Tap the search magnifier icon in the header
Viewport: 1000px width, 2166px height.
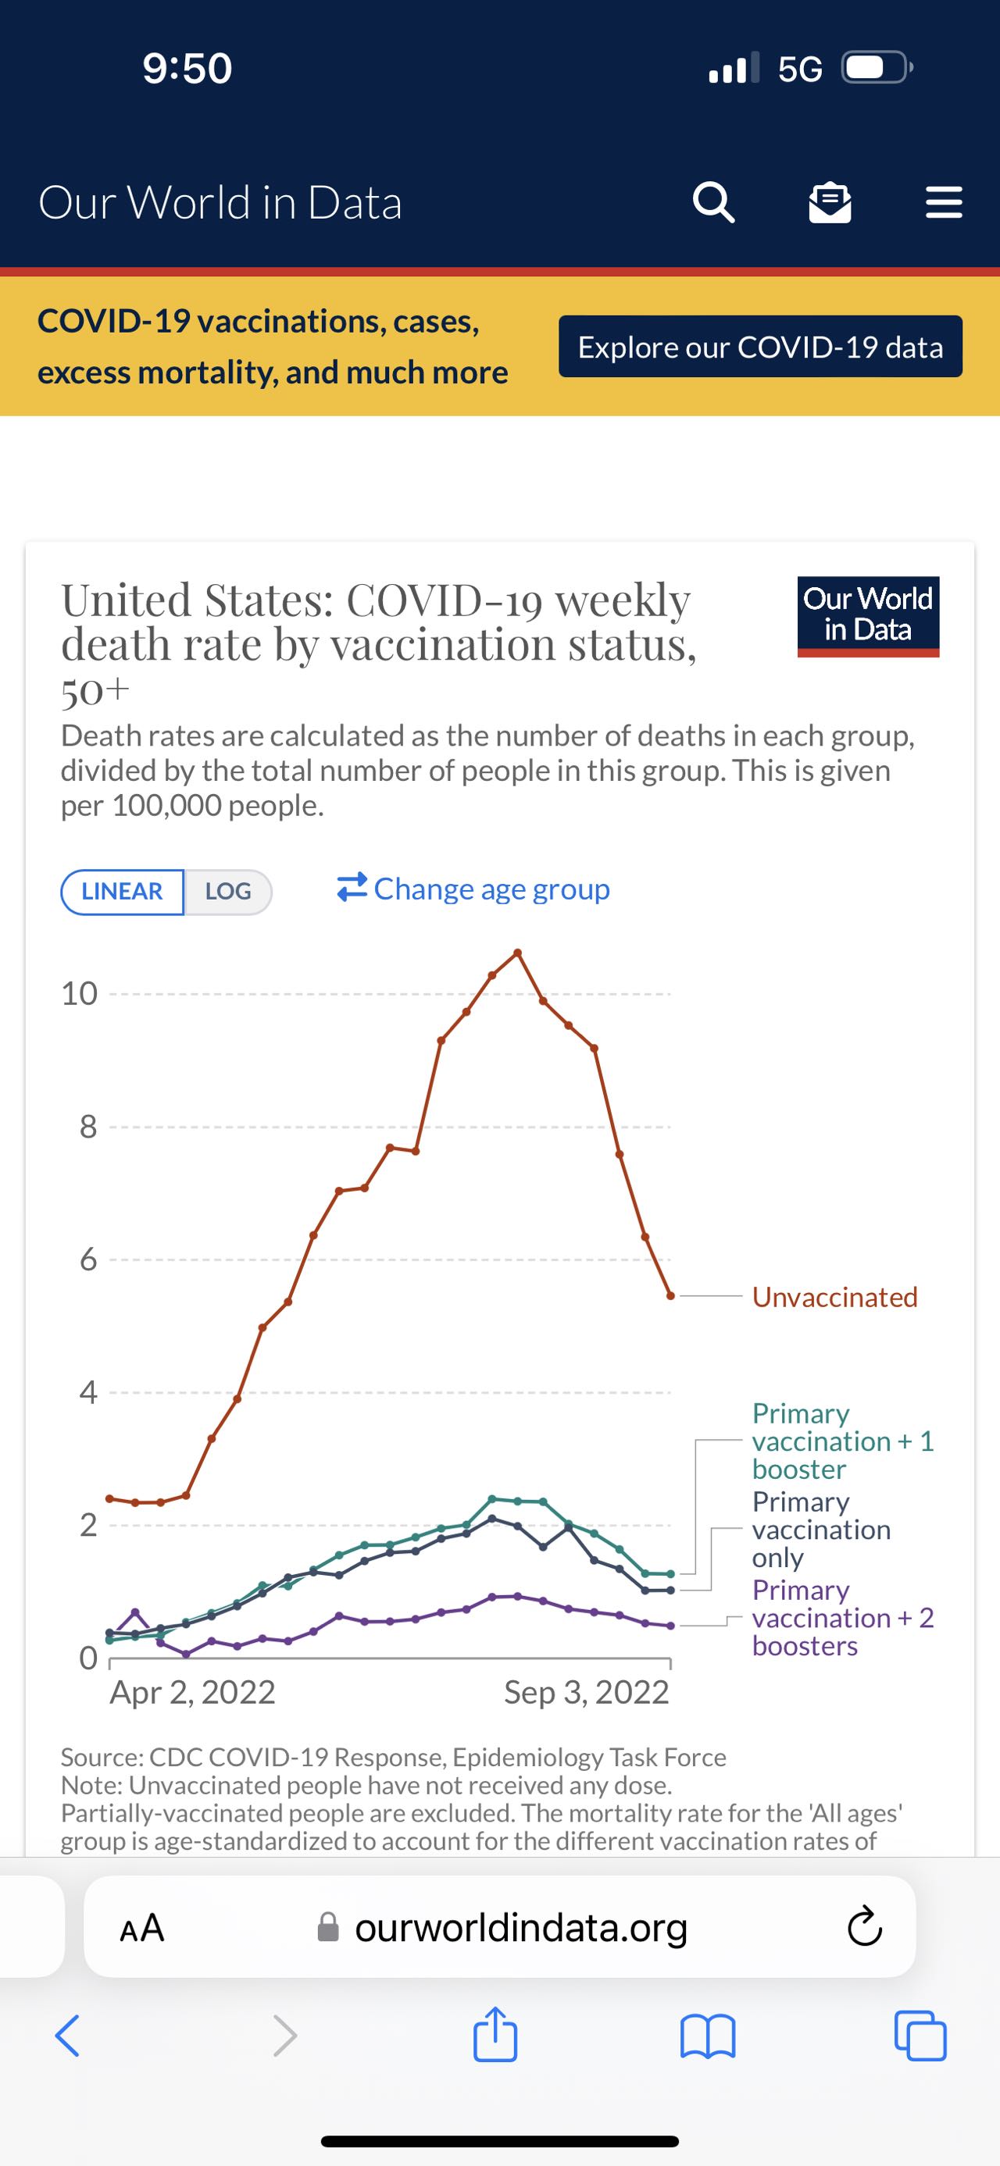click(x=713, y=203)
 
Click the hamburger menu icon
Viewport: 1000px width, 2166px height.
click(x=944, y=203)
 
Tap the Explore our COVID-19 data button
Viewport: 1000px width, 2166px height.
click(x=760, y=347)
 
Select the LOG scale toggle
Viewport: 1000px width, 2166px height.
click(x=228, y=891)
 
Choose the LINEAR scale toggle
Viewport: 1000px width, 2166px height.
click(x=122, y=891)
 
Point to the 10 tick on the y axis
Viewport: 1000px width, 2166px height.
click(x=80, y=994)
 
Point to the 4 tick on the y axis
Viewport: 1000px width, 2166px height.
click(x=88, y=1392)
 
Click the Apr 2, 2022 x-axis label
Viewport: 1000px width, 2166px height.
click(x=193, y=1692)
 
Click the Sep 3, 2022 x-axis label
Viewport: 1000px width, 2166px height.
click(x=586, y=1692)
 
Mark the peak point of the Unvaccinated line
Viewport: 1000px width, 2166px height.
click(x=518, y=953)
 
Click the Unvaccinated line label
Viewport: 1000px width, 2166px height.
click(x=834, y=1297)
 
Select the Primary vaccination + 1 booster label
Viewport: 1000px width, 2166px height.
click(x=842, y=1441)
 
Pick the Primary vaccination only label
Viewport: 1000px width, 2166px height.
click(x=821, y=1530)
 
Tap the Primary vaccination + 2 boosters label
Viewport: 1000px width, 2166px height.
click(x=842, y=1618)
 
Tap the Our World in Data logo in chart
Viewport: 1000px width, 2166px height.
click(x=868, y=615)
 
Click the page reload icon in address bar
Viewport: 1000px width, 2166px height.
click(x=864, y=1927)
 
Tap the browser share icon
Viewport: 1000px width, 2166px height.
click(x=495, y=2035)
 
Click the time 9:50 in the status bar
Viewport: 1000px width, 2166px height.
click(x=187, y=68)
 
